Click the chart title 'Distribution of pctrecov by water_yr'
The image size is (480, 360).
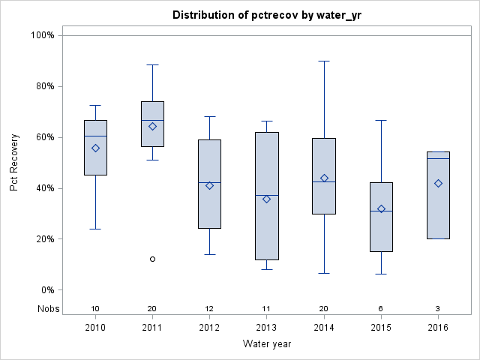tap(266, 15)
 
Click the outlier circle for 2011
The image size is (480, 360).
tap(152, 259)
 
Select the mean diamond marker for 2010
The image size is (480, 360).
tap(95, 148)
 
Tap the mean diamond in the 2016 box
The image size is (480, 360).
tap(438, 183)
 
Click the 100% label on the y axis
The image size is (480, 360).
tap(41, 35)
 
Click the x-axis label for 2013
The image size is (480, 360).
tap(266, 328)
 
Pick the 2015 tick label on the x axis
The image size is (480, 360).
tap(381, 328)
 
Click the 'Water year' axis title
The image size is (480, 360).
tap(266, 344)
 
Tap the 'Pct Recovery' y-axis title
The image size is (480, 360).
tap(15, 163)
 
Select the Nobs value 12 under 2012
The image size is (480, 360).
tap(209, 308)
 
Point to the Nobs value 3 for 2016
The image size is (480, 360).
tap(438, 308)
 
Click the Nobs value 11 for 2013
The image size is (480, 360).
tap(266, 308)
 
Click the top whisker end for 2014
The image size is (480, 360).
tap(324, 61)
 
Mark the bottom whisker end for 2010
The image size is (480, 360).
tap(95, 229)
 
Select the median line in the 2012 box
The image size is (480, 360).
tap(209, 182)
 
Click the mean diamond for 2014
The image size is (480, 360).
tap(324, 178)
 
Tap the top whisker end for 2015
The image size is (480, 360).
tap(381, 120)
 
